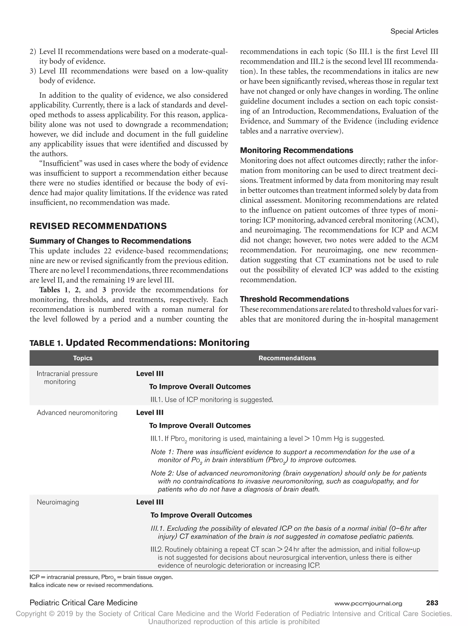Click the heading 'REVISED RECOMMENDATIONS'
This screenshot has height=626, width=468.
pyautogui.click(x=98, y=226)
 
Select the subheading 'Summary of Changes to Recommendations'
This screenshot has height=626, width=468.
pyautogui.click(x=110, y=241)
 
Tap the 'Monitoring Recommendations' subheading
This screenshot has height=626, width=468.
pyautogui.click(x=296, y=150)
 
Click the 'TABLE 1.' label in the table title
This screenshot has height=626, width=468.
pyautogui.click(x=46, y=343)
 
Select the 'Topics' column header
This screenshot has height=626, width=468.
pyautogui.click(x=83, y=358)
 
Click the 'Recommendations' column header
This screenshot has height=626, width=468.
pyautogui.click(x=287, y=358)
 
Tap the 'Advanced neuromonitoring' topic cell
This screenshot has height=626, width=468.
pyautogui.click(x=77, y=413)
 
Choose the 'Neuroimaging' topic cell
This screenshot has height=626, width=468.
pyautogui.click(x=58, y=502)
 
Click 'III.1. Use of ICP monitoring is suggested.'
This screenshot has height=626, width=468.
pyautogui.click(x=212, y=400)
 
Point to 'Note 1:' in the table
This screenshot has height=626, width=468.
pyautogui.click(x=162, y=452)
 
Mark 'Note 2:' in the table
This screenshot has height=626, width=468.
pyautogui.click(x=162, y=473)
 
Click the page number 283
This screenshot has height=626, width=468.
pyautogui.click(x=432, y=603)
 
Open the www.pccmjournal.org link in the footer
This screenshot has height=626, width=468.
pyautogui.click(x=368, y=603)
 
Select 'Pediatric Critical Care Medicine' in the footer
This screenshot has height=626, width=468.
pyautogui.click(x=83, y=603)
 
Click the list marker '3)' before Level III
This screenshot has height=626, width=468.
pyautogui.click(x=33, y=71)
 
